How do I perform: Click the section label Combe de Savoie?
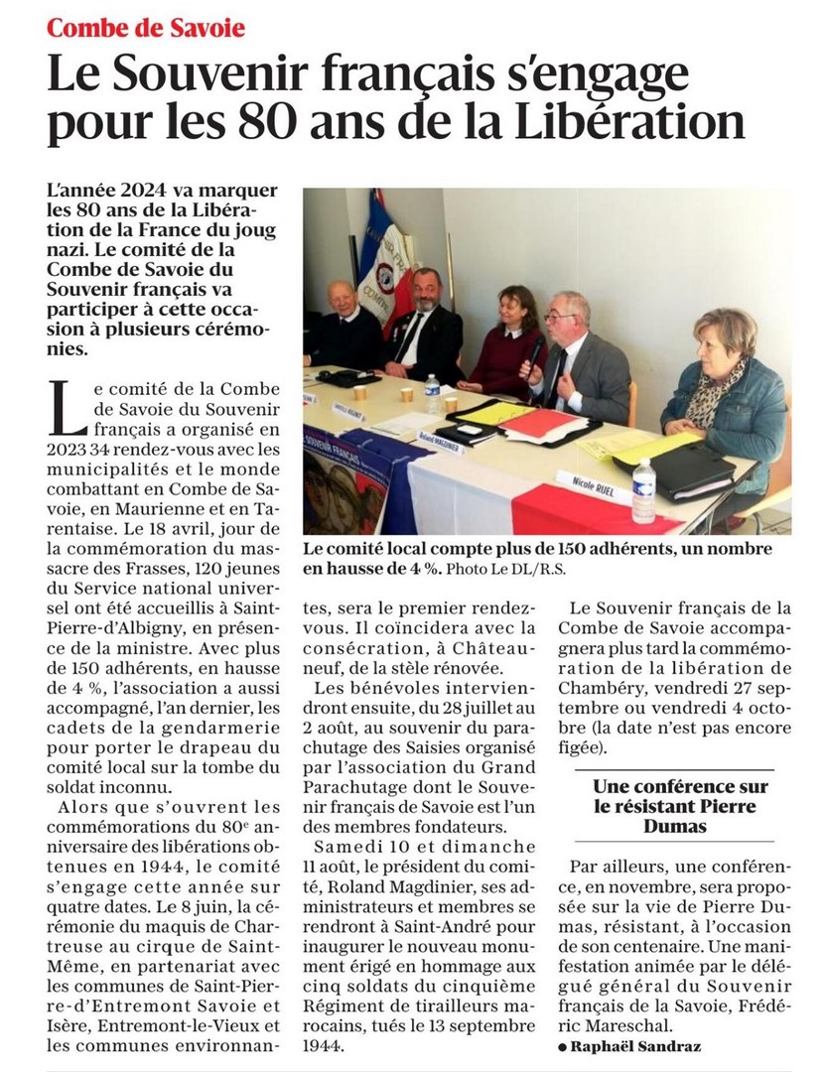146,27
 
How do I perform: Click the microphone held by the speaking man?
534,354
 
